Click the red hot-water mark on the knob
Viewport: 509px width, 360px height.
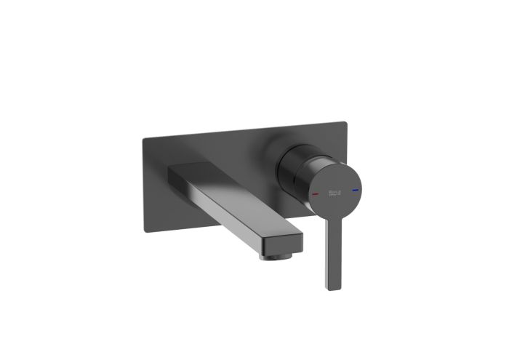click(x=314, y=196)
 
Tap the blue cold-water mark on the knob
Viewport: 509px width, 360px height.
click(x=354, y=191)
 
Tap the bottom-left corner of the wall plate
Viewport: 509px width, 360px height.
click(x=146, y=232)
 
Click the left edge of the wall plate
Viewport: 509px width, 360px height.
click(x=144, y=185)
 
